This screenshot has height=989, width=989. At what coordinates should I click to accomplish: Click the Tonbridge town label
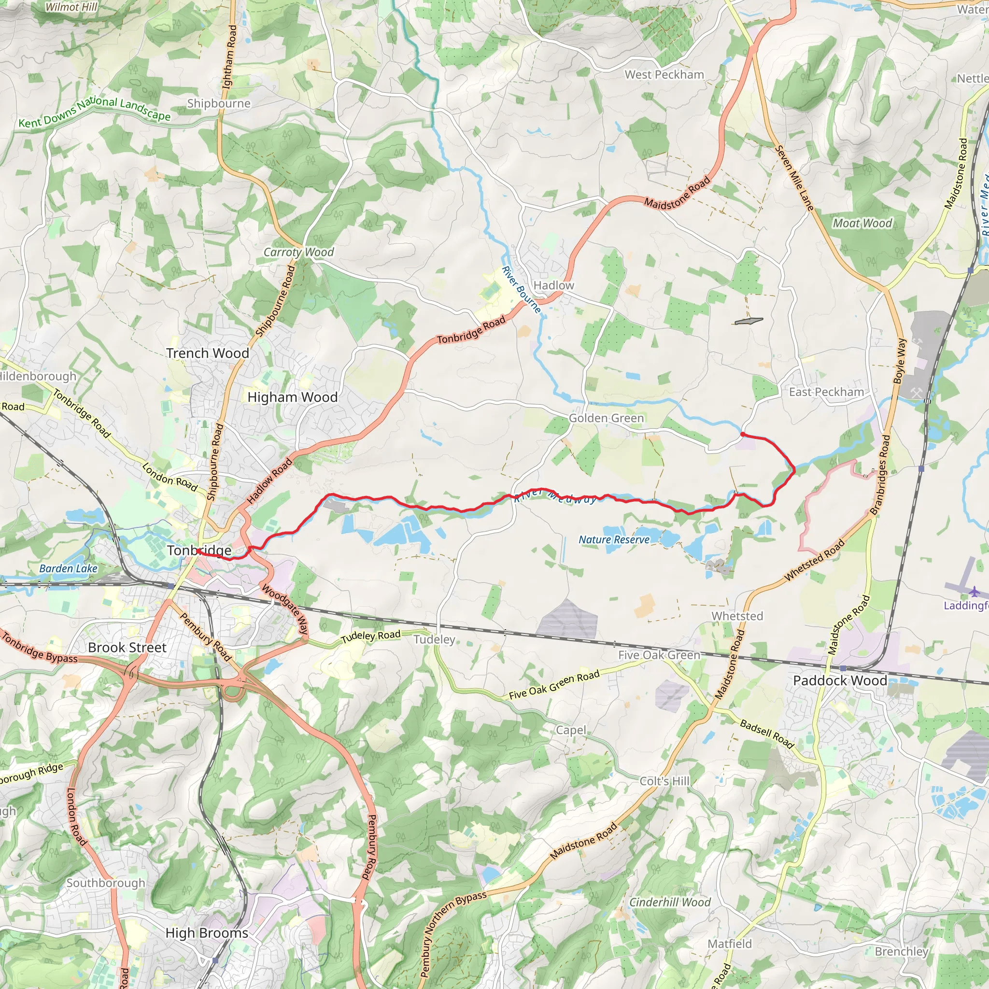(199, 551)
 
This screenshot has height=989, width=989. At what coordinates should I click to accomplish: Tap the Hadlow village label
(553, 285)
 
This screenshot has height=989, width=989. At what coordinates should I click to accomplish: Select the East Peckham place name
(826, 392)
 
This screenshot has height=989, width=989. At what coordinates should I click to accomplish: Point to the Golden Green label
(606, 418)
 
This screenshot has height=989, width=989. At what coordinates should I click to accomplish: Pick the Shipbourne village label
(219, 103)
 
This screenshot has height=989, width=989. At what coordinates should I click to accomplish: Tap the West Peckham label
(664, 75)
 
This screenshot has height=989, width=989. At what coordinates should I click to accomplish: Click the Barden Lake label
(68, 568)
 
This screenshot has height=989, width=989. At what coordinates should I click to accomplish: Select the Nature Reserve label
(614, 539)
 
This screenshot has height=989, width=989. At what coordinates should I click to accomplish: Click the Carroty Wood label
(298, 252)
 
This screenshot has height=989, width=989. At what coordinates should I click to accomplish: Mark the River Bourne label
(521, 290)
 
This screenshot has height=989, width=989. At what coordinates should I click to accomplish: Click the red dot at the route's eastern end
(742, 434)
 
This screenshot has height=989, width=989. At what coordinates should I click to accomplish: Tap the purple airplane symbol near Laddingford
(974, 592)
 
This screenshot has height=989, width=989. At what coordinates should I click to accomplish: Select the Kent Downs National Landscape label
(95, 112)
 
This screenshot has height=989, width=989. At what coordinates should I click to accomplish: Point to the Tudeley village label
(434, 639)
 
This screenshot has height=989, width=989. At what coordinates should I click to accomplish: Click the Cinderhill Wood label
(670, 902)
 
